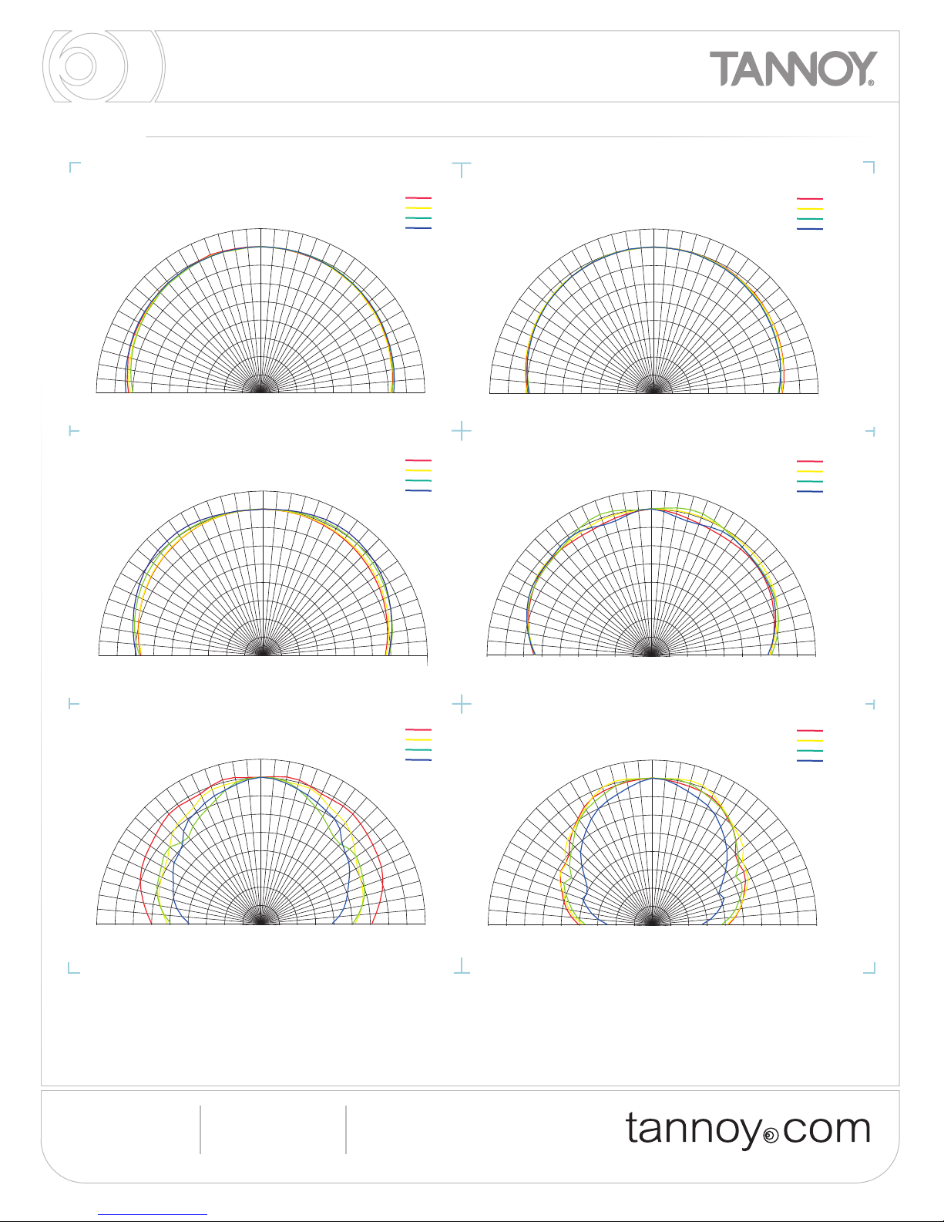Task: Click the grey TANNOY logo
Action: click(793, 69)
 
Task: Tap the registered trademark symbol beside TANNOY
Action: click(871, 82)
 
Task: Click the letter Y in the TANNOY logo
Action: click(860, 68)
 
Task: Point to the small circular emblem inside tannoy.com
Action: click(772, 1136)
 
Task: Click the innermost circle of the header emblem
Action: click(79, 66)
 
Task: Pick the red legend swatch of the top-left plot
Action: click(418, 198)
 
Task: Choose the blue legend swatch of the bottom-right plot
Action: click(810, 761)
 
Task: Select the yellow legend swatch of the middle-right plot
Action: click(810, 471)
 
